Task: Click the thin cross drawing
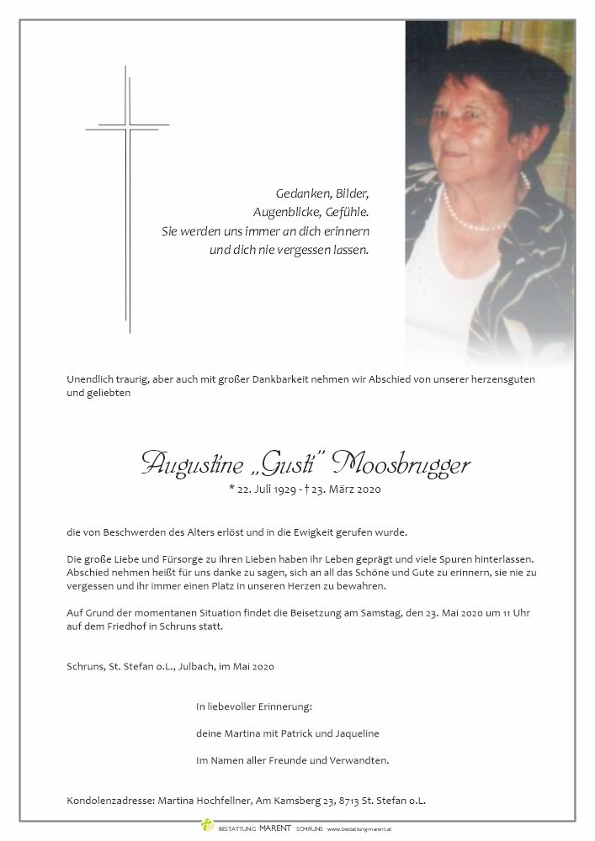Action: point(128,193)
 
